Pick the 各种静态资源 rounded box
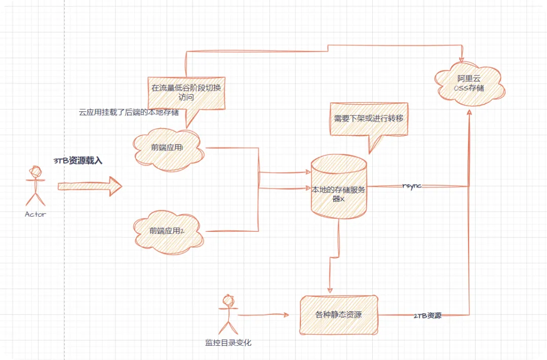(338, 314)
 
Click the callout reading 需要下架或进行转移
(368, 118)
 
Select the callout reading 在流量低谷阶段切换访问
(186, 92)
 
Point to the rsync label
(412, 186)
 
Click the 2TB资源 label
(427, 315)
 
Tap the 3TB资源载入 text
(78, 161)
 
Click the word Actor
(35, 214)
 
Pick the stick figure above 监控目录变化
(227, 314)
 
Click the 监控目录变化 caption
(228, 343)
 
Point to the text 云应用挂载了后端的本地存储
(129, 112)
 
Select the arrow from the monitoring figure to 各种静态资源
(263, 315)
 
